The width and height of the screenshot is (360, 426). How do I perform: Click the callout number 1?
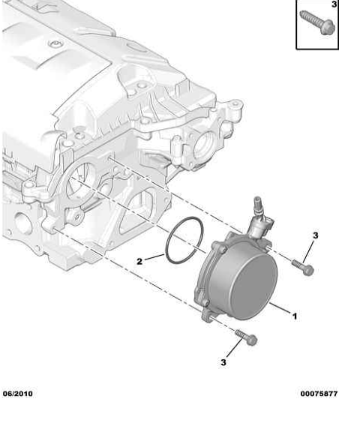295,316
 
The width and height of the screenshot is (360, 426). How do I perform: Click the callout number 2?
139,261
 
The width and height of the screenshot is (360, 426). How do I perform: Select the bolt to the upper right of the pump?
303,267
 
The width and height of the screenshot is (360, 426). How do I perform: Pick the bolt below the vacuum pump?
246,337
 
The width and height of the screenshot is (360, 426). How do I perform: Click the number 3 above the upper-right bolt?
315,235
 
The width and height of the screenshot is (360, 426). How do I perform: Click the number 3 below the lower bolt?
223,362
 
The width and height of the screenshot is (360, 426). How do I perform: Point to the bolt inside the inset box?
317,22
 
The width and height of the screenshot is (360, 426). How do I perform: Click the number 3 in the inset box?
334,4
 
